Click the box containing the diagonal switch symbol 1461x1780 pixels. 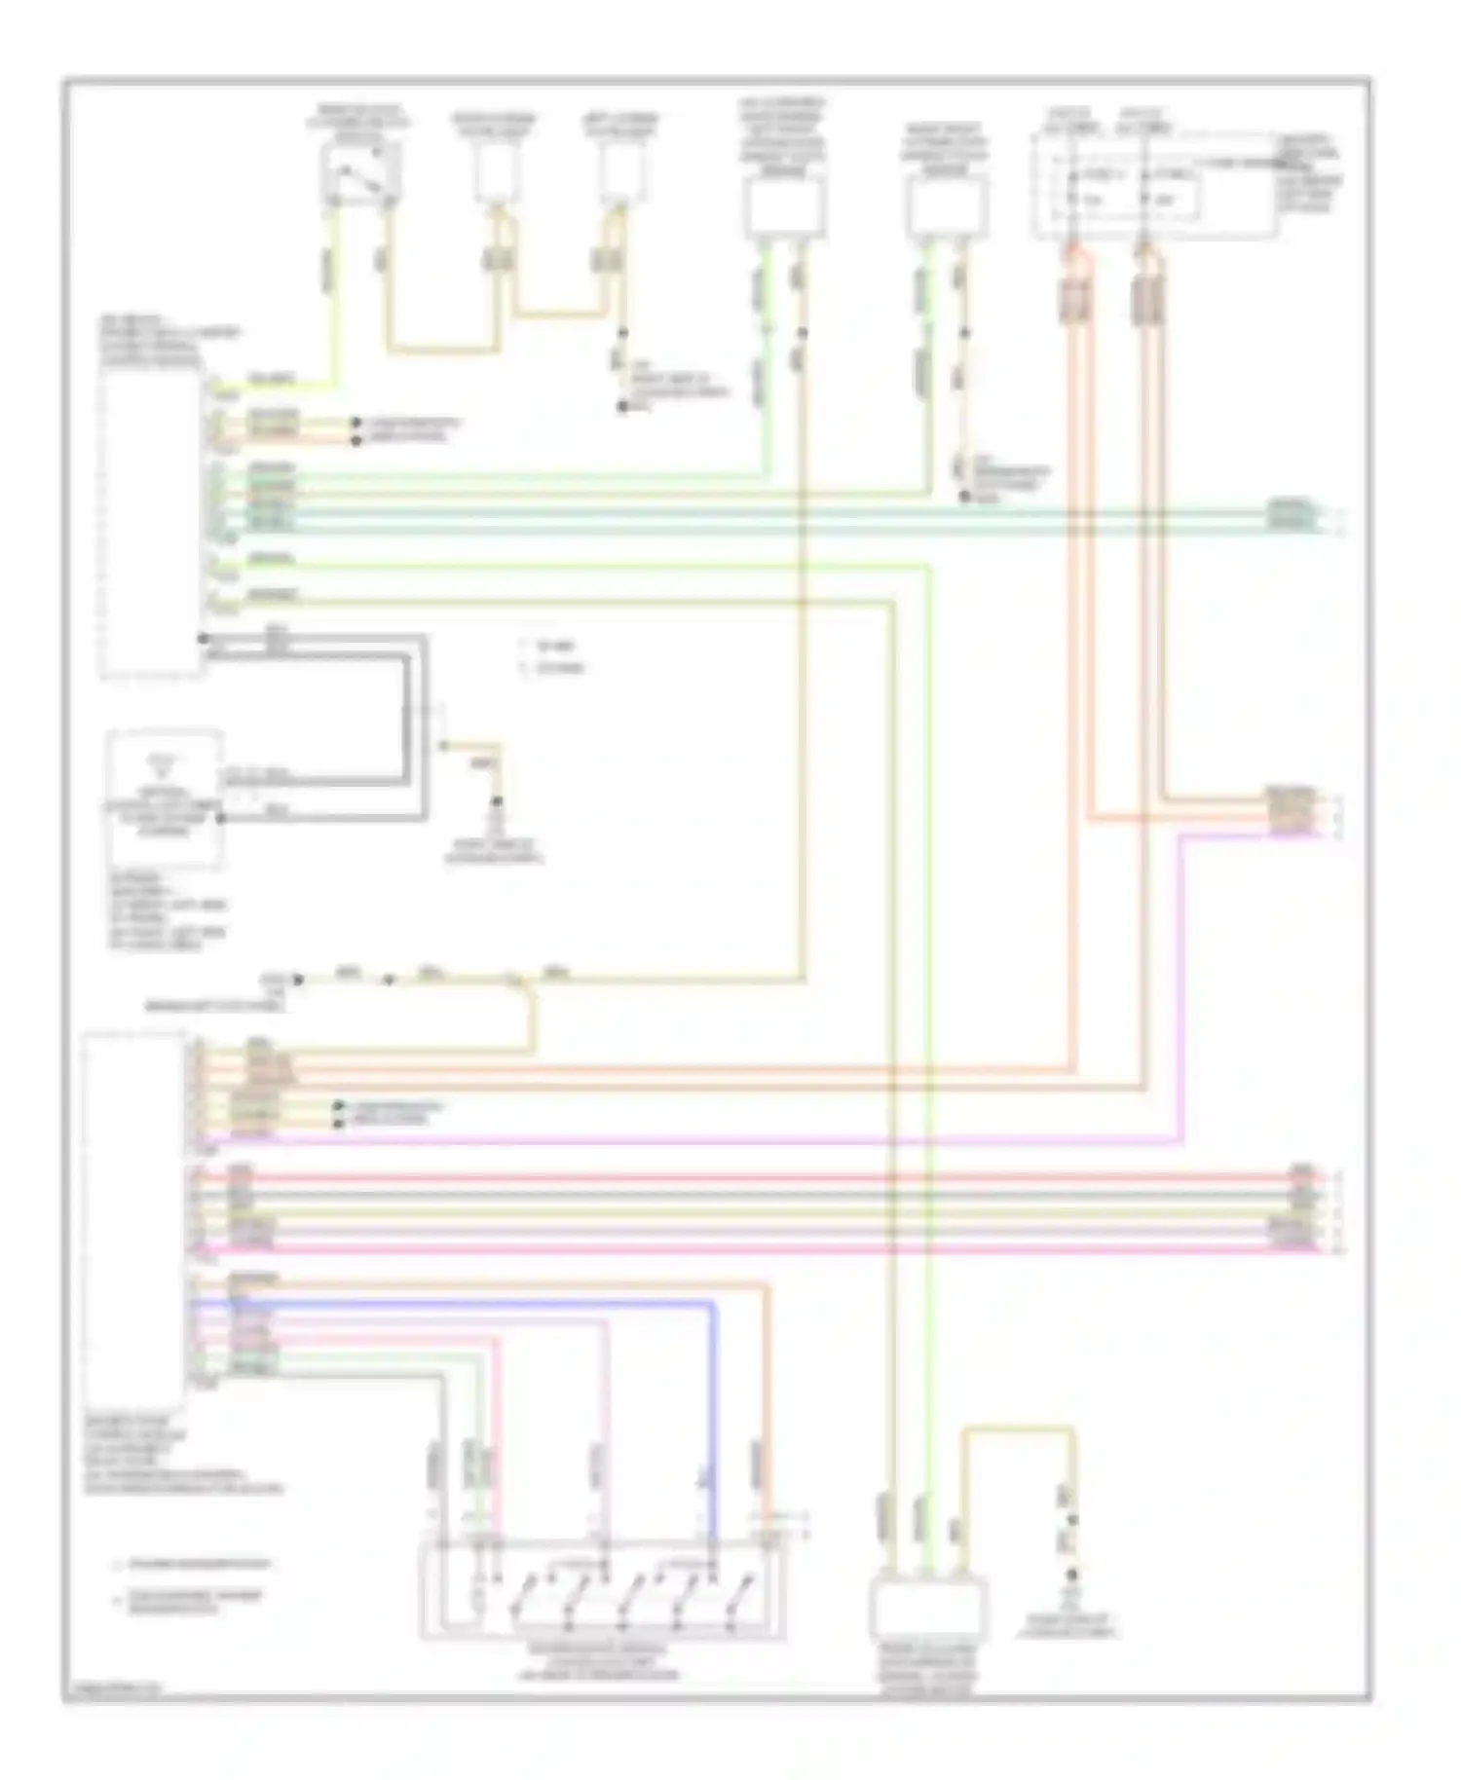point(360,175)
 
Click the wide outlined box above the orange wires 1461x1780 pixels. point(1154,185)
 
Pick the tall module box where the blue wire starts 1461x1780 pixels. point(134,1212)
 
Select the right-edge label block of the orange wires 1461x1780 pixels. point(1289,809)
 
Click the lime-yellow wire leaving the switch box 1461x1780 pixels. point(337,292)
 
